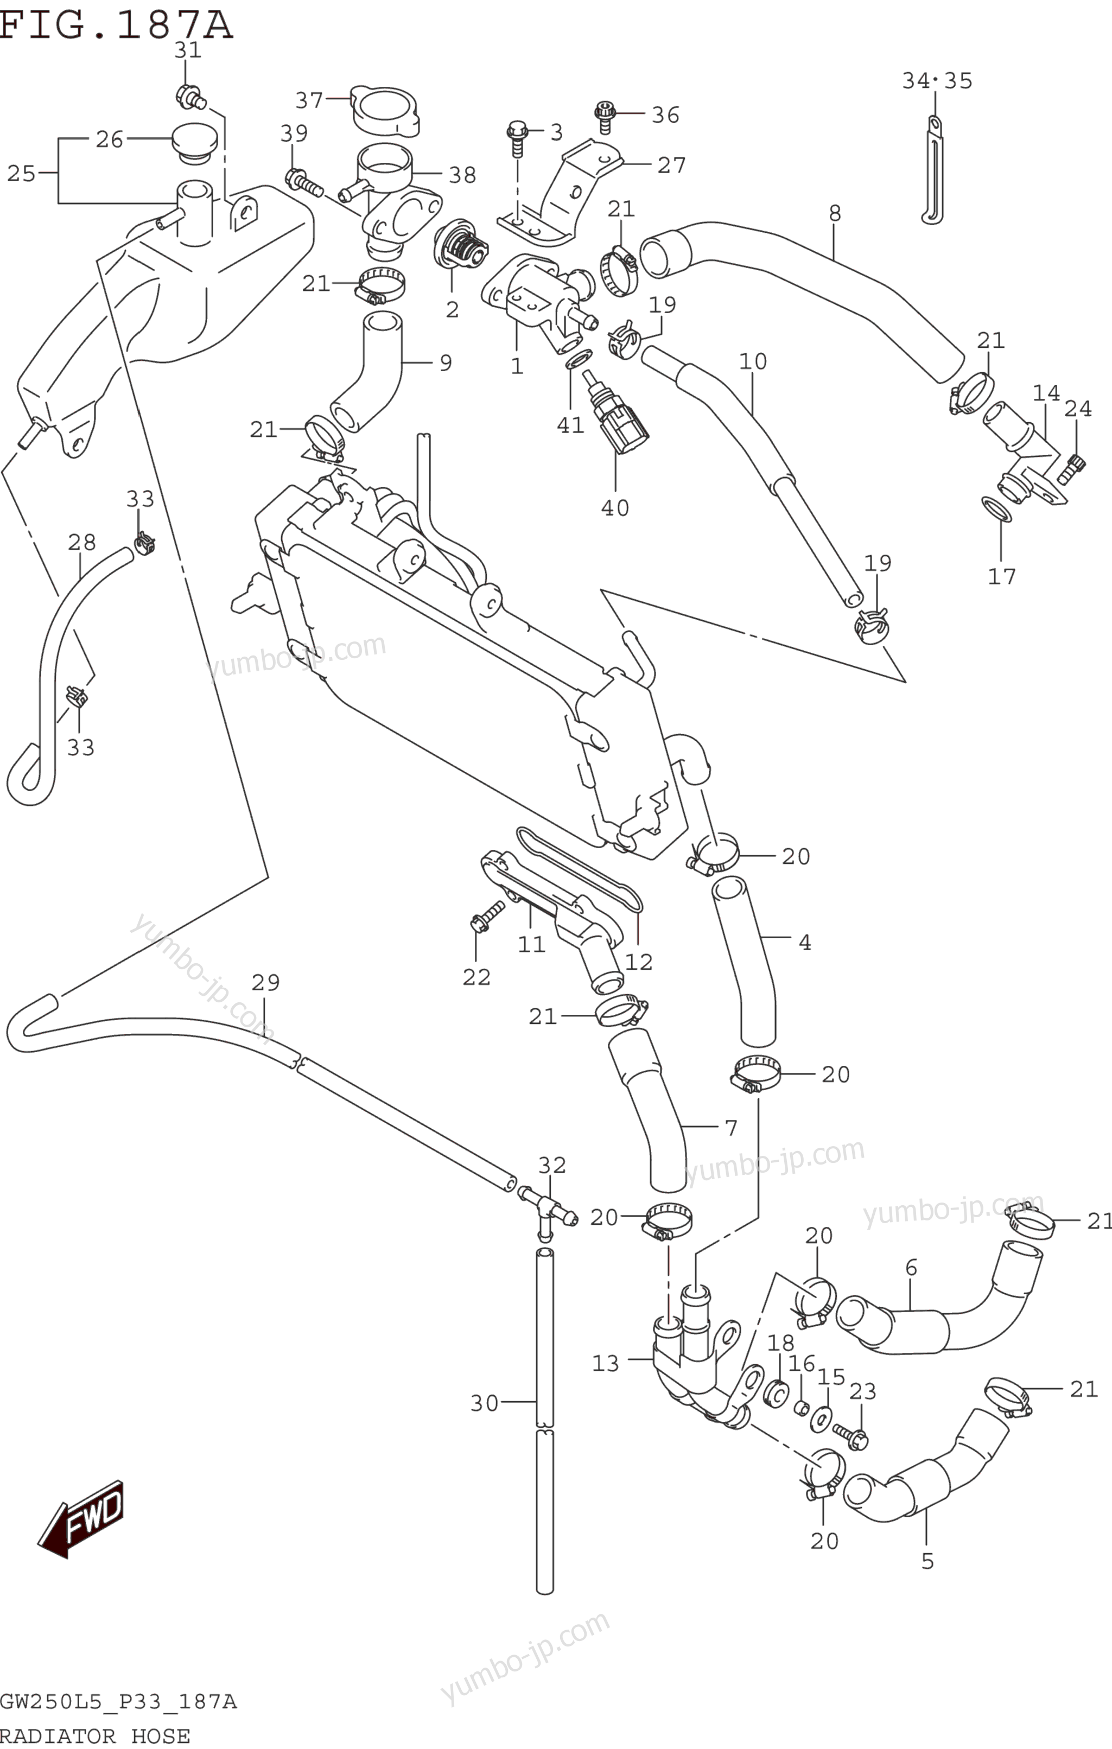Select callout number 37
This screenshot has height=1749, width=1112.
(309, 100)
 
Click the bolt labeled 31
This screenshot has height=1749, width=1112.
(189, 96)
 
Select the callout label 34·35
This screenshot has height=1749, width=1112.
(937, 81)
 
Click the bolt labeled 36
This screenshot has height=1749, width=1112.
(604, 116)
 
